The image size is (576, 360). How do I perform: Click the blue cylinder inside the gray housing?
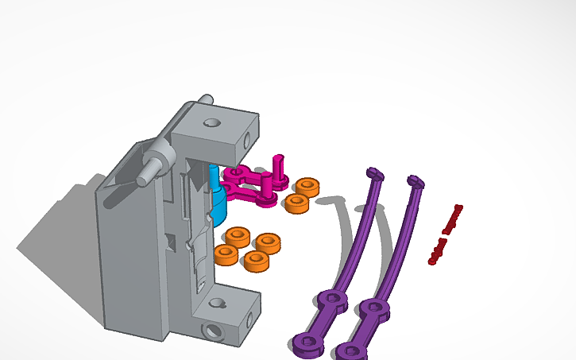point(218,203)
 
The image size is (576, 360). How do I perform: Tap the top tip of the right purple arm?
point(415,181)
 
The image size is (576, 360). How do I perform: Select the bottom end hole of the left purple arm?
point(305,343)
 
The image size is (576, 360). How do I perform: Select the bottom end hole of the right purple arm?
point(348,350)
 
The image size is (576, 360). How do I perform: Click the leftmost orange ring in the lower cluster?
point(226,254)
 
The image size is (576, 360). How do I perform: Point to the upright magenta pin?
point(278,168)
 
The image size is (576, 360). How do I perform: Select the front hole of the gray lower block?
point(212,329)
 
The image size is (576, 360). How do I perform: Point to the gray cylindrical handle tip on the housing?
point(145,176)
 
